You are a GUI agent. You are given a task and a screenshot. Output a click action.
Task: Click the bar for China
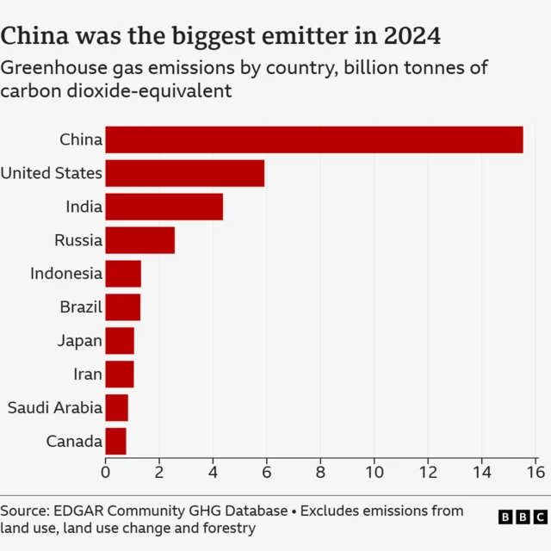pos(313,139)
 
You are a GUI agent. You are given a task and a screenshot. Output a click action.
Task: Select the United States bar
pos(184,173)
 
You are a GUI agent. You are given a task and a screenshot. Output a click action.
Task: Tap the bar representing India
pos(164,207)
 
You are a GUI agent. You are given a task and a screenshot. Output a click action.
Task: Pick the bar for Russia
pos(139,240)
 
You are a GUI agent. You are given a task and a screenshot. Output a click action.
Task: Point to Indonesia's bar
pos(122,274)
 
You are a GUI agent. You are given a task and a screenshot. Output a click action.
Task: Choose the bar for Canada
pos(115,442)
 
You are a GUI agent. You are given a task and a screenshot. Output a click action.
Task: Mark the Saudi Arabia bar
pos(116,408)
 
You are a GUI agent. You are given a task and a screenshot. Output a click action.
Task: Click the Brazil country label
pos(81,307)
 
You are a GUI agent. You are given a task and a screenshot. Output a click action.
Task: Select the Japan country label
pos(79,341)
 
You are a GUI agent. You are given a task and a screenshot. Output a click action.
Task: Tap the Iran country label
pos(87,375)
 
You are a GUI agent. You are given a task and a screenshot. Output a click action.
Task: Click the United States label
pos(52,173)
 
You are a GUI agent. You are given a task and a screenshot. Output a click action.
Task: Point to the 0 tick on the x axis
pos(105,471)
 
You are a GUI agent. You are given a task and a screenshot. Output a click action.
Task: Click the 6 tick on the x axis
pos(266,471)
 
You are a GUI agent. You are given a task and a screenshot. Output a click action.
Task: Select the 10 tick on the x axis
pos(374,471)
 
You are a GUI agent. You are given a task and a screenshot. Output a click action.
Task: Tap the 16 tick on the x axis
pos(535,471)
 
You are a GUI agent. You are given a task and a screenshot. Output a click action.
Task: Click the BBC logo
pos(523,517)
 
